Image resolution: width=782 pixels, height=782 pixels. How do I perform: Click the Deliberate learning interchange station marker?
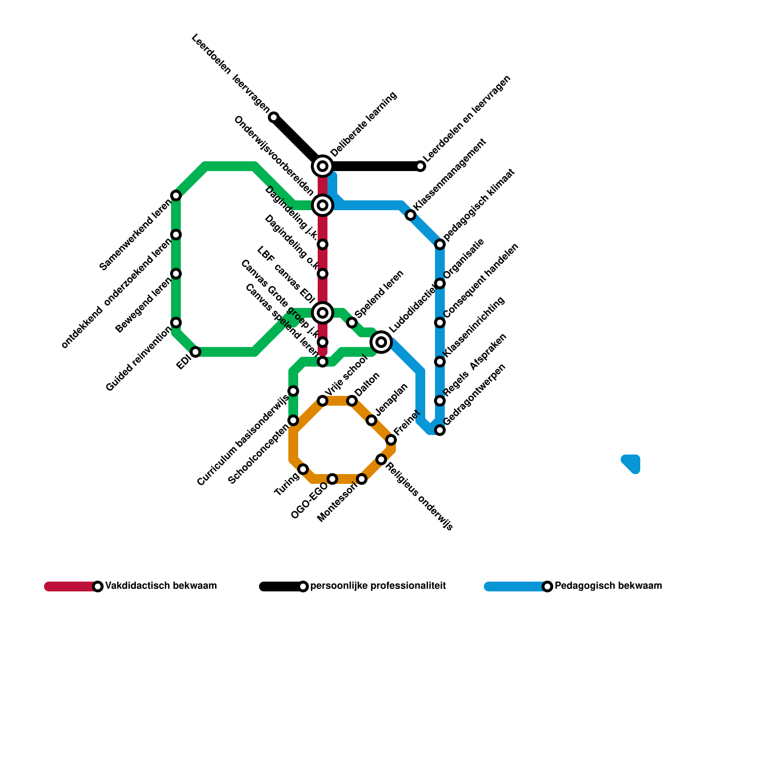coord(323,166)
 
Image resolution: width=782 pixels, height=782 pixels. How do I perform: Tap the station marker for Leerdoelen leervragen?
coord(274,117)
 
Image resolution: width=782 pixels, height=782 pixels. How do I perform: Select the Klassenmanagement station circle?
coord(411,215)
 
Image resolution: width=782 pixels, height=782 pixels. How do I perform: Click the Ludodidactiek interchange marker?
coord(381,342)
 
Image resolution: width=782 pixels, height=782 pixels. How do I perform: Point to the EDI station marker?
coord(195,352)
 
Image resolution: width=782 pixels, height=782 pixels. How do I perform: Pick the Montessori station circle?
coord(362,479)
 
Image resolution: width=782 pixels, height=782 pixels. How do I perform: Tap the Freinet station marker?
coord(391,440)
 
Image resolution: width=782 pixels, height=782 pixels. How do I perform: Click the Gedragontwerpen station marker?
coord(440,430)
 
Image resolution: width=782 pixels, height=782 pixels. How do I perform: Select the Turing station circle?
coord(303,469)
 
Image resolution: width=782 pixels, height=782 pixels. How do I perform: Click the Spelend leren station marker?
coord(352,323)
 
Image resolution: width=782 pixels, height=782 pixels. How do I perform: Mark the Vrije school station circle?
coord(323,401)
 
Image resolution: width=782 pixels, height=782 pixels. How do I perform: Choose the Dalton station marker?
coord(352,401)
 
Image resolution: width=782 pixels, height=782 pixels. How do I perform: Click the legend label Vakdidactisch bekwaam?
coord(161,586)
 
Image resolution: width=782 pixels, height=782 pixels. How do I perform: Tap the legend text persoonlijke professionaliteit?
coord(378,586)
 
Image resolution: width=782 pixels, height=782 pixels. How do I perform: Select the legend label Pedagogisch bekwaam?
coord(608,586)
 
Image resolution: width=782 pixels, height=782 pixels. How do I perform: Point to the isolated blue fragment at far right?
coord(631,463)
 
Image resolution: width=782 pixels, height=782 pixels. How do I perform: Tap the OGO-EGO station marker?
coord(332,479)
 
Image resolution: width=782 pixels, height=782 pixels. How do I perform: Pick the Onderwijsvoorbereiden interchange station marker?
coord(323,205)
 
